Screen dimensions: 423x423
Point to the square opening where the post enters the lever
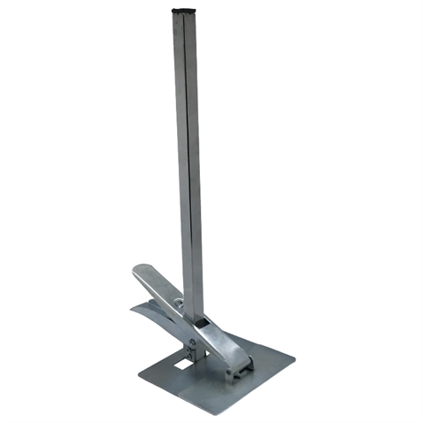pyautogui.click(x=203, y=327)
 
